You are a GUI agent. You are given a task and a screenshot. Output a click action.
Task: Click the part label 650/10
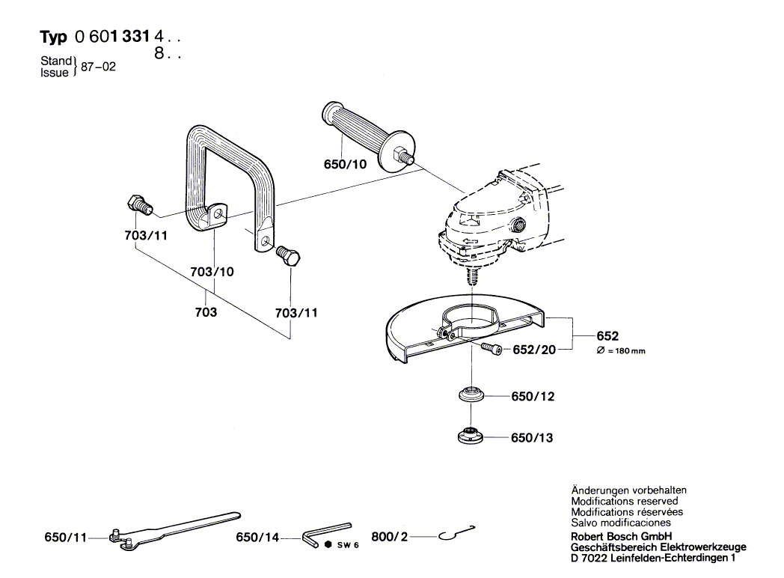(345, 164)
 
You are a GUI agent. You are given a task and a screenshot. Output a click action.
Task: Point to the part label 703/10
(212, 272)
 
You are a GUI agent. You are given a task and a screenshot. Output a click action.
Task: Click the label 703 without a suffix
(206, 312)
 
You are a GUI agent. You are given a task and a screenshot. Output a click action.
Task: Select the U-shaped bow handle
(224, 176)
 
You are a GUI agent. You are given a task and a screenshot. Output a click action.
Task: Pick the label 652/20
(534, 350)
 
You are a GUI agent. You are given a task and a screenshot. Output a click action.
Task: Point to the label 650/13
(532, 437)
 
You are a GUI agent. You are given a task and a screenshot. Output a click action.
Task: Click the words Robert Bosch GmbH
(622, 537)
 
